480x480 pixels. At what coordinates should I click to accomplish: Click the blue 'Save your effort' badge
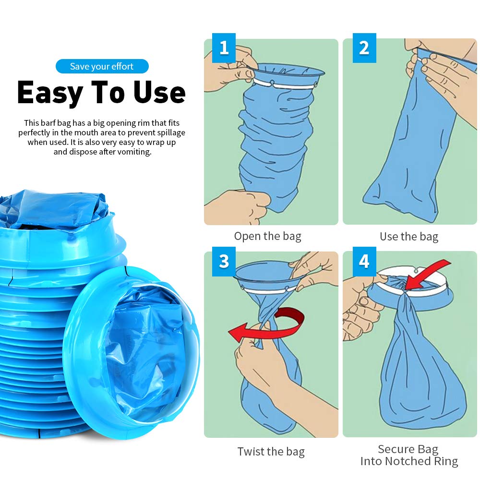click(102, 66)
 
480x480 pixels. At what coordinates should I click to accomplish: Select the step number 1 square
click(224, 48)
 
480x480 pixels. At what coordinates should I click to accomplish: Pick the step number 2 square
click(364, 48)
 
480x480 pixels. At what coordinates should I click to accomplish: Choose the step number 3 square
click(224, 262)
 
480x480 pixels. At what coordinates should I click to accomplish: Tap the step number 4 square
click(364, 262)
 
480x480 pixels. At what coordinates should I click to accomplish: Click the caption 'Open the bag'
click(267, 236)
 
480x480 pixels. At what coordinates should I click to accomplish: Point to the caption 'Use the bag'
click(409, 237)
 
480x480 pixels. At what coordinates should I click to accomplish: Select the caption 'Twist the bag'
click(271, 452)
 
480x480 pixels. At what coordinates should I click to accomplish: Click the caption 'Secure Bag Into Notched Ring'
click(409, 455)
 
